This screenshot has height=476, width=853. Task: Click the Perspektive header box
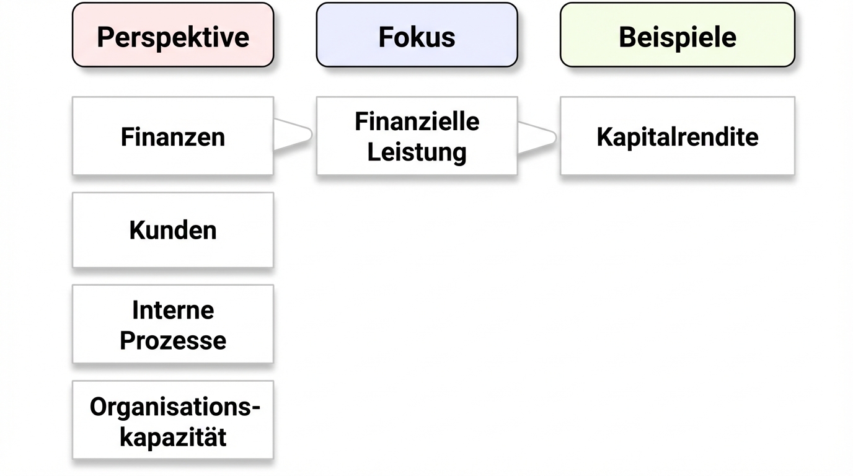172,35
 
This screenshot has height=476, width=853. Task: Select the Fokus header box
417,35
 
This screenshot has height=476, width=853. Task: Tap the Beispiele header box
677,35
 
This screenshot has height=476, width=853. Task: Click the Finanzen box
172,136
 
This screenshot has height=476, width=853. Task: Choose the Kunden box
172,230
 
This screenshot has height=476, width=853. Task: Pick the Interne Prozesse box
172,324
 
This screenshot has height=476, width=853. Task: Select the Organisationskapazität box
172,420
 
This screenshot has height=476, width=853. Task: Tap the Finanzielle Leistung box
417,136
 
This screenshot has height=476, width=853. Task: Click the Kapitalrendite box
677,136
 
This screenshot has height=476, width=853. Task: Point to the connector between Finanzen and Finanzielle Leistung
293,134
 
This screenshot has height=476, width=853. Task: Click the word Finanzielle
417,121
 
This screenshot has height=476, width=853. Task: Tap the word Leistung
417,152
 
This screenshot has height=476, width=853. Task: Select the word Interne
173,309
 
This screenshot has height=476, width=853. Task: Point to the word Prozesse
173,340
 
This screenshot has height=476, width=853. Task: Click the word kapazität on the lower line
173,438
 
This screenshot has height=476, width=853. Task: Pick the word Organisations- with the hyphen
175,407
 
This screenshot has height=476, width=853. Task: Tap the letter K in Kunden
136,230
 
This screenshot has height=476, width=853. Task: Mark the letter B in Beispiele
627,37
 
